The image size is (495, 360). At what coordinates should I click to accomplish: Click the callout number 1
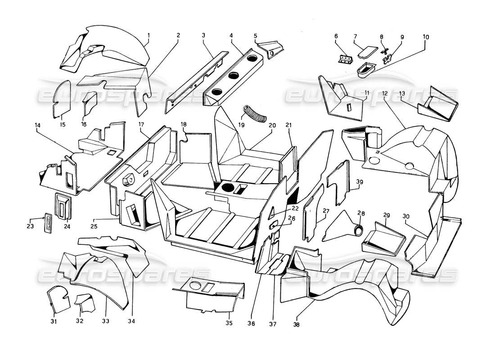click(x=148, y=35)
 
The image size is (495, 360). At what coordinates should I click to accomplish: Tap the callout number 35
click(x=229, y=323)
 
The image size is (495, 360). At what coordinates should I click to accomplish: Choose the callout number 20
click(x=272, y=126)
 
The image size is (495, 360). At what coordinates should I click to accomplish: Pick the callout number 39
click(x=359, y=182)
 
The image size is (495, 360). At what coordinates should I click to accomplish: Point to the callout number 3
click(x=204, y=35)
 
